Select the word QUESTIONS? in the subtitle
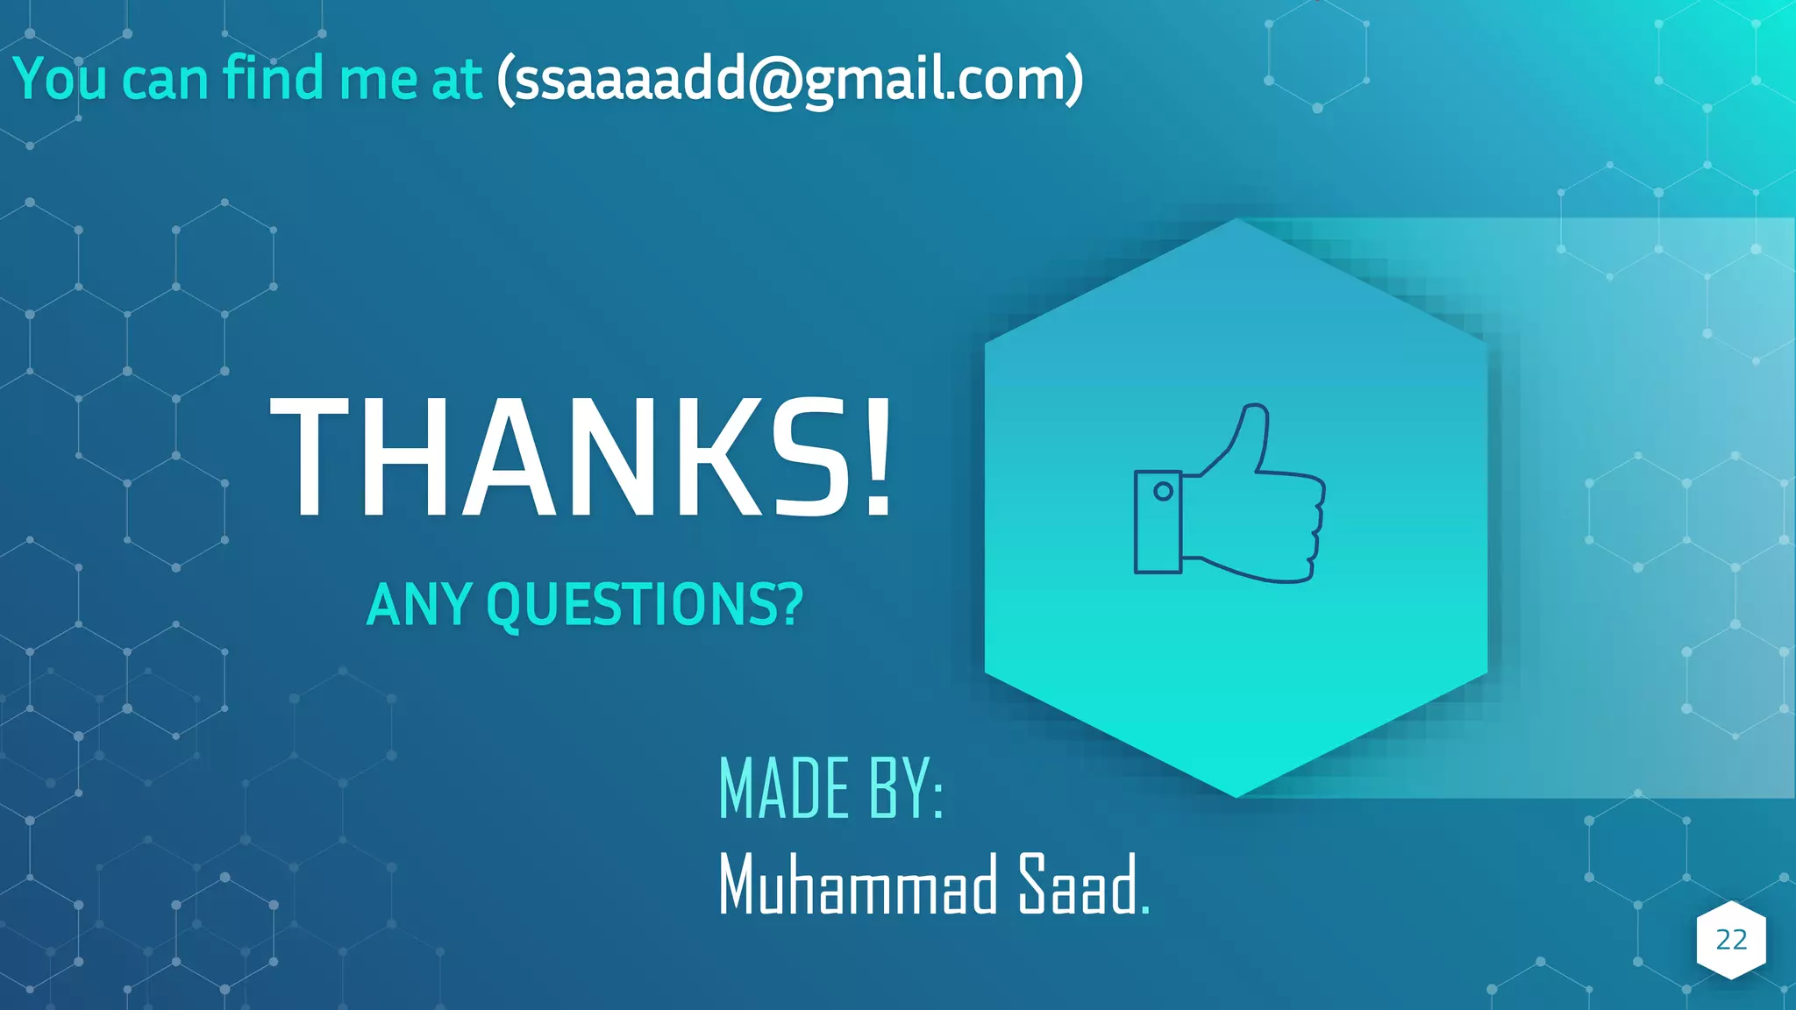coord(645,604)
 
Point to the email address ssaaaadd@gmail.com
coord(789,79)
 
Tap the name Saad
coord(1077,885)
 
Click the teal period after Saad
coord(1144,910)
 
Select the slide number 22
coord(1731,940)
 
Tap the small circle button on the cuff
coord(1163,491)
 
